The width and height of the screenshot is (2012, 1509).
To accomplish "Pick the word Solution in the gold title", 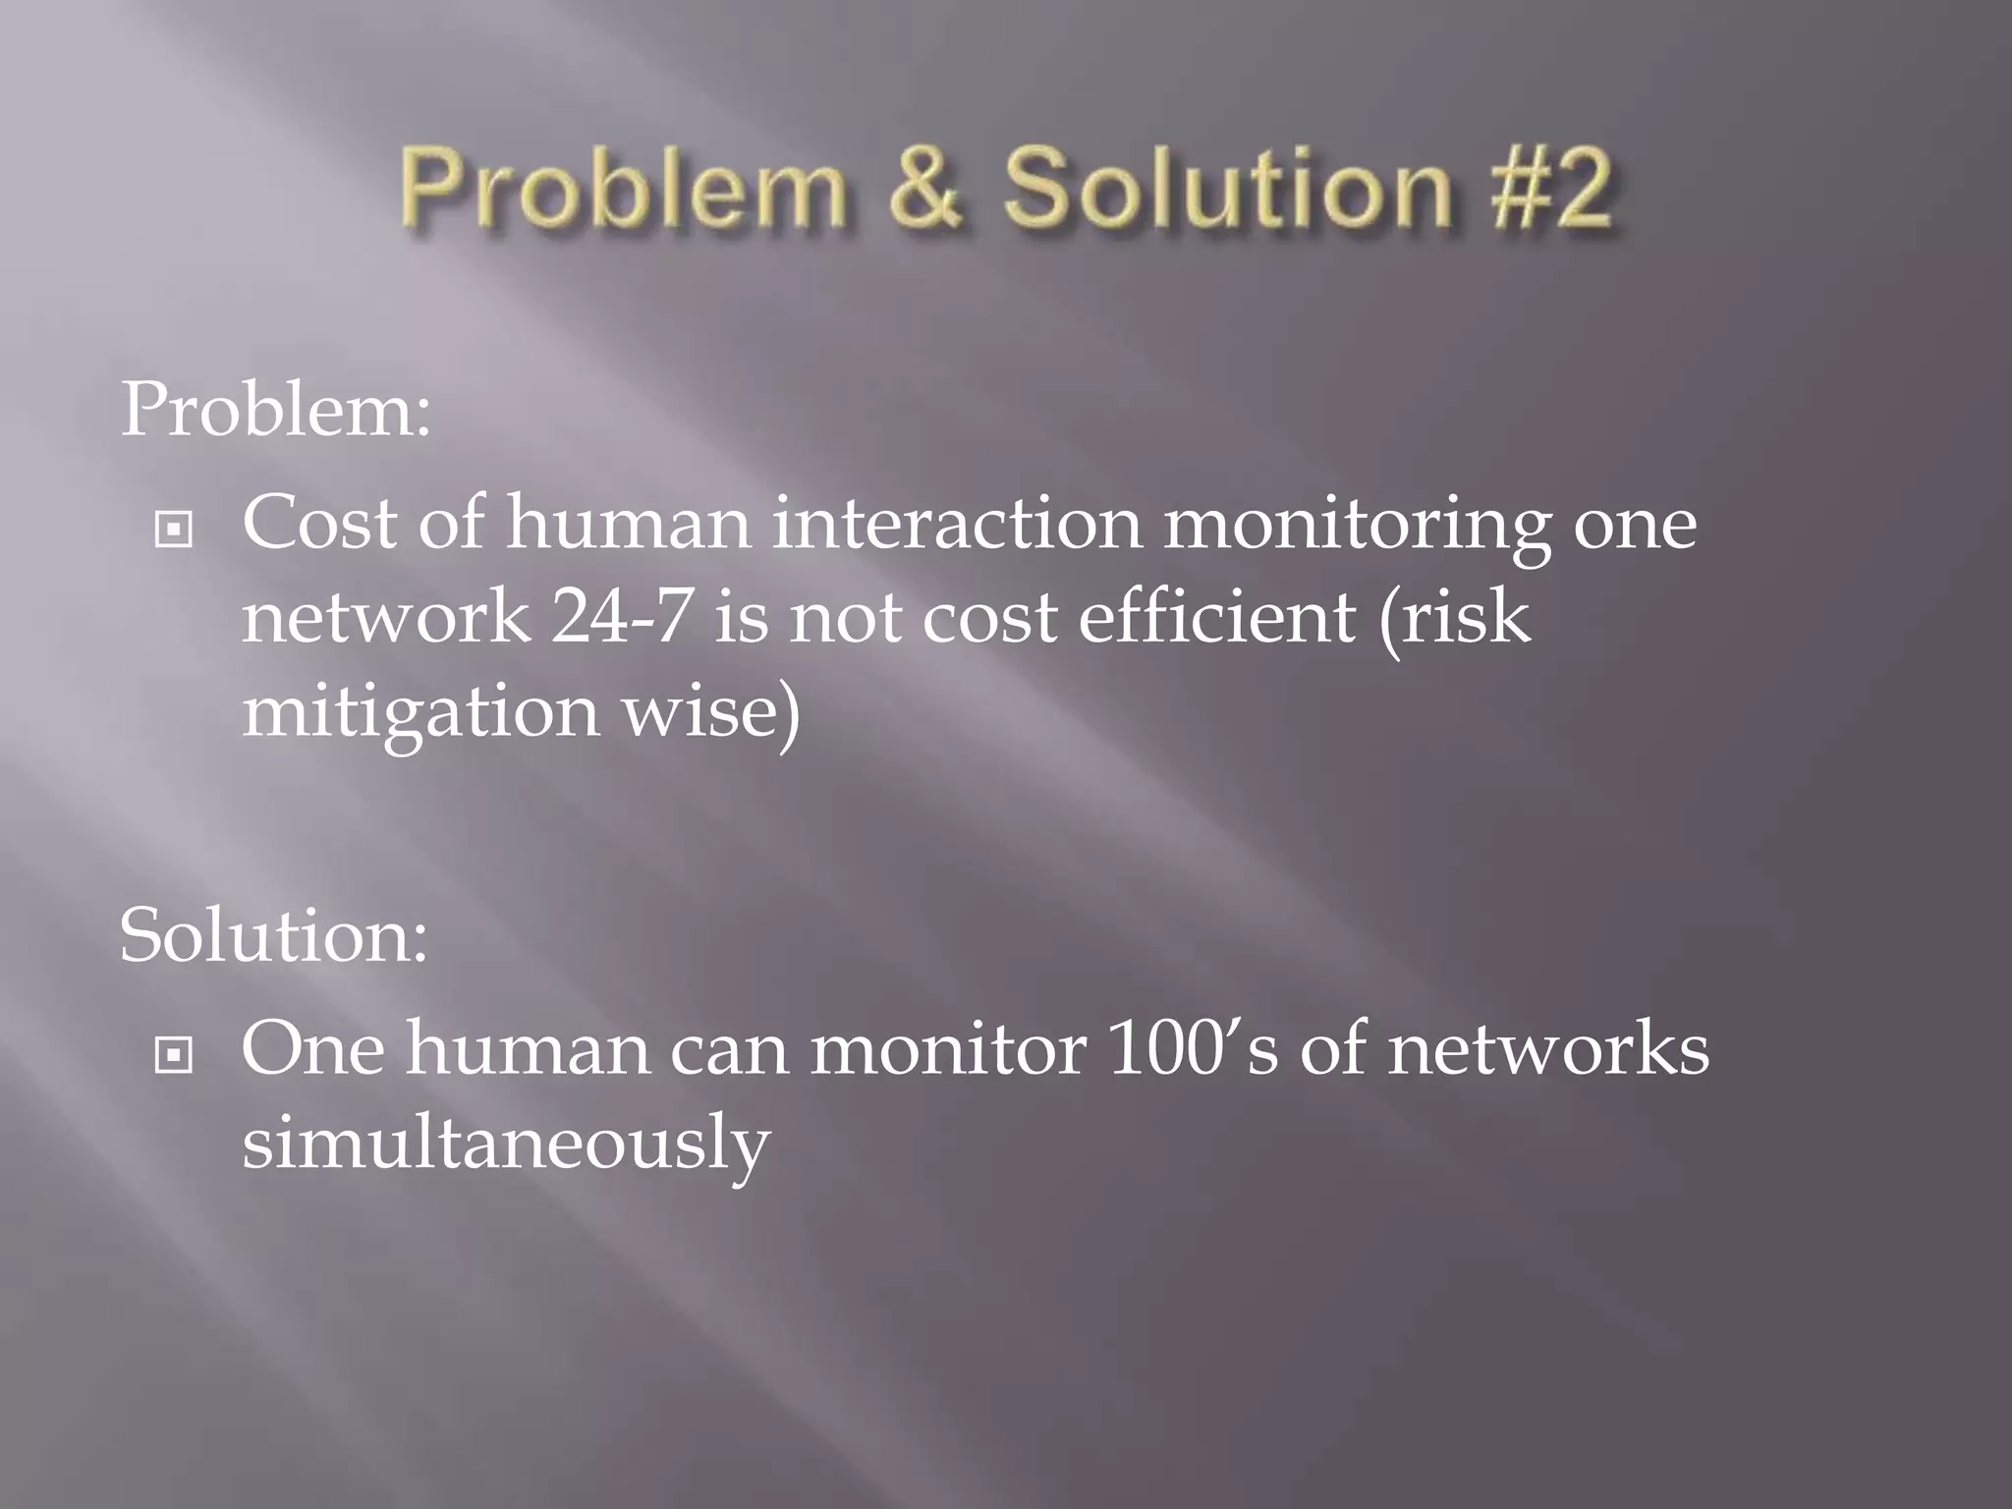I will click(1227, 187).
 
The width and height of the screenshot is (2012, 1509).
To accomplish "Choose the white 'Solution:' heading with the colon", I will click(274, 934).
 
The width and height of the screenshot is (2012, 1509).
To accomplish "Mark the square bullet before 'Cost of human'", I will click(174, 531).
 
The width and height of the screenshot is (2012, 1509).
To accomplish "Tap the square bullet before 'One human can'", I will click(174, 1056).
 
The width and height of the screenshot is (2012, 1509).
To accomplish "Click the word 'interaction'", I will click(957, 523).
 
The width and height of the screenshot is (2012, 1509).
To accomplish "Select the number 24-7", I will click(620, 617).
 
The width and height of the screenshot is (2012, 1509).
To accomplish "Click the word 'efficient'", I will click(1217, 617).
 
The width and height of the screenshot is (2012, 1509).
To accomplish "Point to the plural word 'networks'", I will click(1547, 1048).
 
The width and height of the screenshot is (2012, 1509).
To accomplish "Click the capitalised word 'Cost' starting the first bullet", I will click(319, 523).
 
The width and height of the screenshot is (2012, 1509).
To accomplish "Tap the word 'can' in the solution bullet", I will click(729, 1049).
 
